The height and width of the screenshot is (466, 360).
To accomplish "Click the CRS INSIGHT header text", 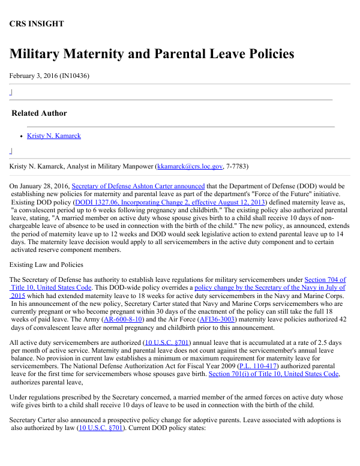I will coord(37,24).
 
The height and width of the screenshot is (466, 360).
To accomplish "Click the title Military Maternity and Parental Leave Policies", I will coord(152,54).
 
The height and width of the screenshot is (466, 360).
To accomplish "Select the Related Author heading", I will coord(39,113).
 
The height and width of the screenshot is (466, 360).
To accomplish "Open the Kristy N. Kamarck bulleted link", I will coord(54,136).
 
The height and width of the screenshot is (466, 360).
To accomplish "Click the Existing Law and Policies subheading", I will coord(46,264).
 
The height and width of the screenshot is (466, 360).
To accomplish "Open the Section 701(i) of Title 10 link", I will coord(274,374).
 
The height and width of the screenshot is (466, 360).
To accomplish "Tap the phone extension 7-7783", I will coord(236,166).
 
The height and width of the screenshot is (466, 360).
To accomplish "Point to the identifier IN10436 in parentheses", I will coord(74,76).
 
